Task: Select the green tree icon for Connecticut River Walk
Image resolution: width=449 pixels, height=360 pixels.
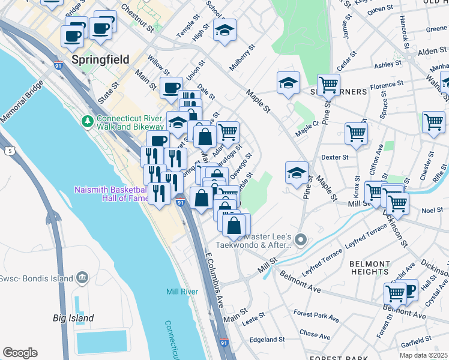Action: tap(88, 122)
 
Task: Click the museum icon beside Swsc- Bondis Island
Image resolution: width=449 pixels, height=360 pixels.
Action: tap(82, 278)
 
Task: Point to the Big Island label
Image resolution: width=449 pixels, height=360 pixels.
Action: tap(73, 318)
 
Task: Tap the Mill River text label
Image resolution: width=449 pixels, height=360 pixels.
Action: tap(182, 292)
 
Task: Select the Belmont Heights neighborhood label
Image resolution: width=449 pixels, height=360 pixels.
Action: tap(370, 268)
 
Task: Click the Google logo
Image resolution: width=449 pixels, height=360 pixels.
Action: tap(20, 353)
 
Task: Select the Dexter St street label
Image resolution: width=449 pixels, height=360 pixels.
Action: tap(335, 157)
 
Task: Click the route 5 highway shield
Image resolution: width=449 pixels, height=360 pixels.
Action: tap(10, 151)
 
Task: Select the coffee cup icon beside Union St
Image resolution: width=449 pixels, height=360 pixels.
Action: tap(171, 88)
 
